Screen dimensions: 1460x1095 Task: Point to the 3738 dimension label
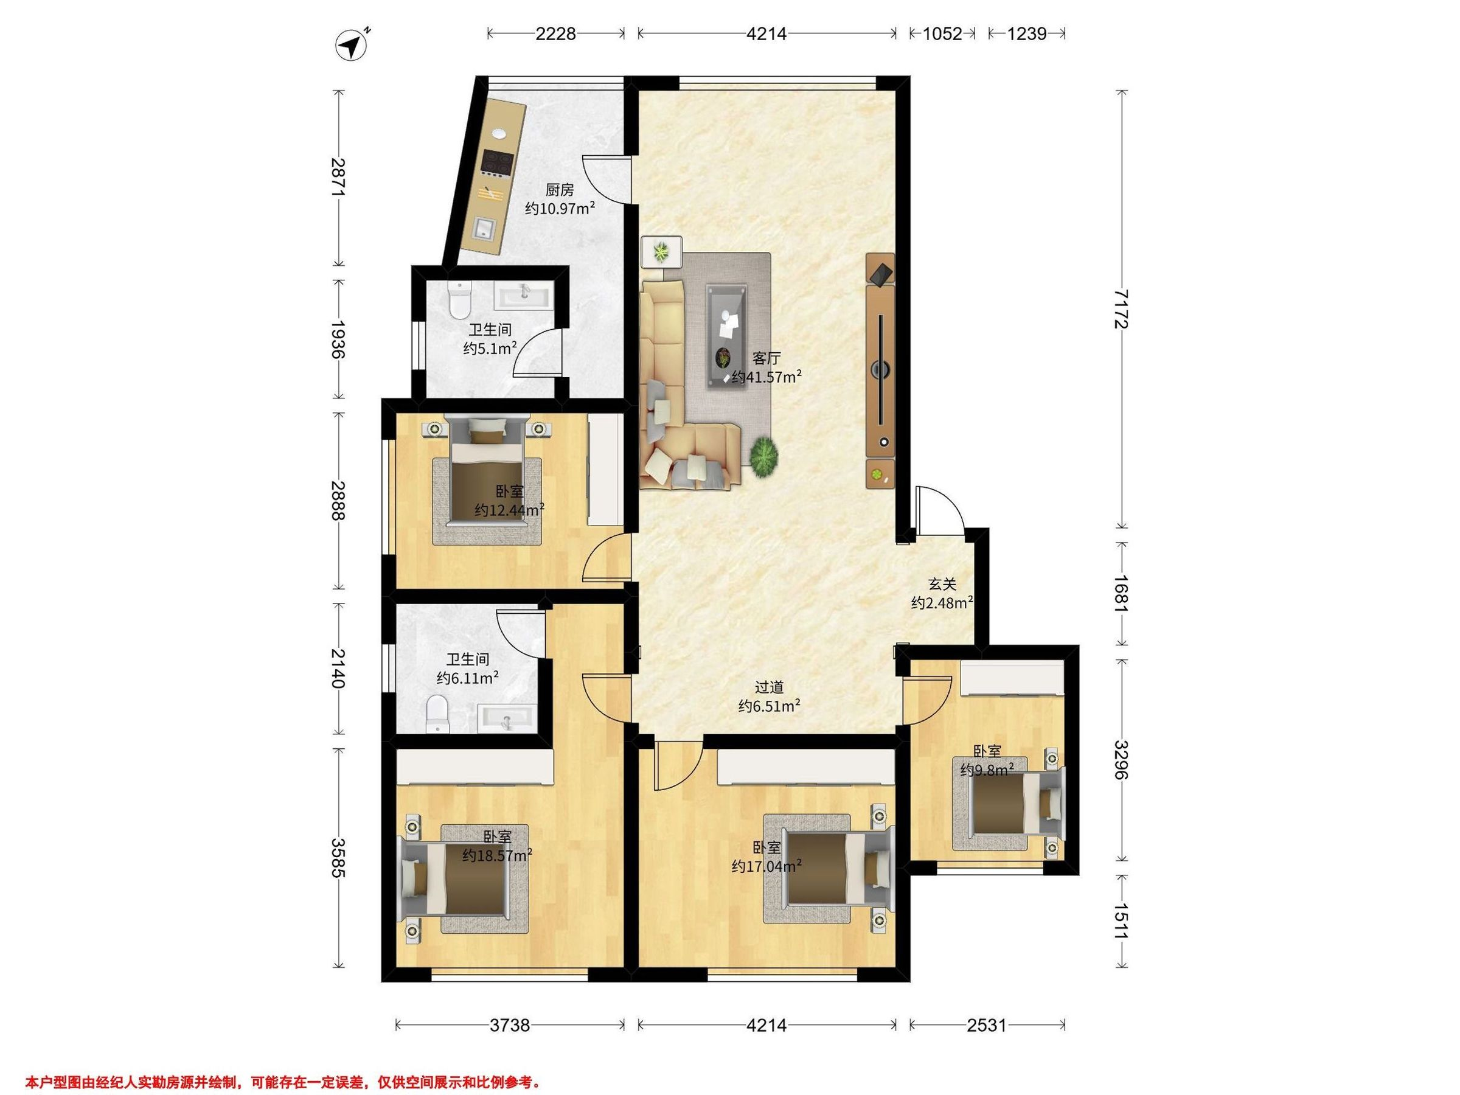[x=510, y=1025]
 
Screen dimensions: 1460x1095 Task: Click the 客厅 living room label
[x=766, y=358]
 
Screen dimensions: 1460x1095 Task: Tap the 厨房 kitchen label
[x=559, y=190]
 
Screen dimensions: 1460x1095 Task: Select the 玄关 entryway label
[x=942, y=584]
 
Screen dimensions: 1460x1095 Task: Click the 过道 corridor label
[x=770, y=687]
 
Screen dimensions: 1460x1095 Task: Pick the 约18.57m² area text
[x=498, y=855]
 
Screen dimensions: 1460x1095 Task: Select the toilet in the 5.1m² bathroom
[x=459, y=301]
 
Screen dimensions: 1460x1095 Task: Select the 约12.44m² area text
[x=510, y=510]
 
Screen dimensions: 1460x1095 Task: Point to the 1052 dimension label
[x=942, y=33]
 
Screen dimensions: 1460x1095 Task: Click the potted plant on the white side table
[x=661, y=251]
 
